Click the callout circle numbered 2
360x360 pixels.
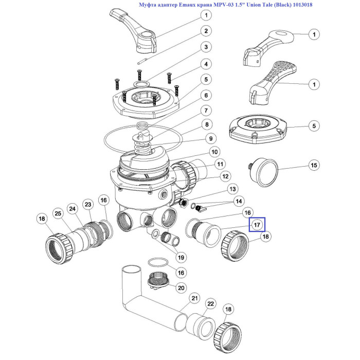pos(206,31)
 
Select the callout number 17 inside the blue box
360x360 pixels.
pos(257,225)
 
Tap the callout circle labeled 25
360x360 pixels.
pos(58,213)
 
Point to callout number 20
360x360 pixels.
pos(181,288)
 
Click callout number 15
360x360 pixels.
pos(314,165)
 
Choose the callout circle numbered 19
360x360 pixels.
pos(181,258)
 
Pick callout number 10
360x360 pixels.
pos(214,152)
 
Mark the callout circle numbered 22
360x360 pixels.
pos(210,304)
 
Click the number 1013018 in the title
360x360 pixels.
pos(302,5)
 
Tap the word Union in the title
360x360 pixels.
pos(254,5)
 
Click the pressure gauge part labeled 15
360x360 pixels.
pos(264,173)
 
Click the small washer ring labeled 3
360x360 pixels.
pos(141,83)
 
